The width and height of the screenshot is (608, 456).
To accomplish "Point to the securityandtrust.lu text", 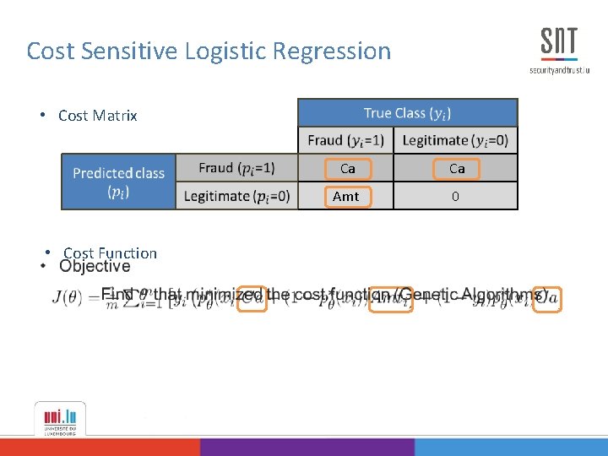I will (559, 70).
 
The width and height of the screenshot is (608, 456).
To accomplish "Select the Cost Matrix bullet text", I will (97, 116).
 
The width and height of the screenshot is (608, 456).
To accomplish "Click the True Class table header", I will (407, 112).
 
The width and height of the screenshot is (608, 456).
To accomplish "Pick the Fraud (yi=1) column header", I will (345, 140).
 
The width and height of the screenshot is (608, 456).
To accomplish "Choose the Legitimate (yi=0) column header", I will (456, 140).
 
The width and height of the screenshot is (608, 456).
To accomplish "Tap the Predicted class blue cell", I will (118, 182).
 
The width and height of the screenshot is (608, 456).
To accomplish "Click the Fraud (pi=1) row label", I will (236, 168).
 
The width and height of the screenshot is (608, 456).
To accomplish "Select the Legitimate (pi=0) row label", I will (236, 196).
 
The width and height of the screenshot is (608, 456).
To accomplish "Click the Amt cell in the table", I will (346, 196).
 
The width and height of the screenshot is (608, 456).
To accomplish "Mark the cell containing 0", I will (456, 196).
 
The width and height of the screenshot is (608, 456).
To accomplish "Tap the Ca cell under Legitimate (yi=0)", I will (457, 169).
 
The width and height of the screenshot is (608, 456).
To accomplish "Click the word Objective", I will (95, 266).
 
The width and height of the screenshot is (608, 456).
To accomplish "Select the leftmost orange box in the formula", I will (252, 298).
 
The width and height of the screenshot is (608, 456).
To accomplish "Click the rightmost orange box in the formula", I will (547, 298).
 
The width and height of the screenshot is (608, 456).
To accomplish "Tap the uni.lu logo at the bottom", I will (59, 418).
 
